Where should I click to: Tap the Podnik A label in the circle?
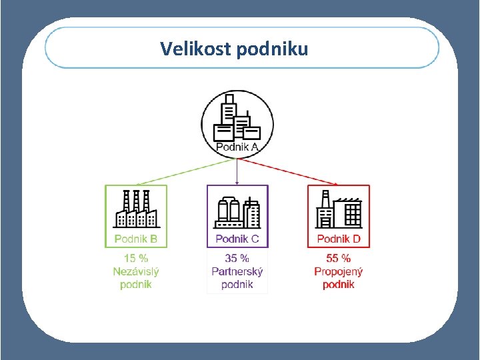point(237,147)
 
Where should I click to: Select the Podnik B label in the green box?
point(136,239)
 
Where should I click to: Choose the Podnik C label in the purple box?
point(237,239)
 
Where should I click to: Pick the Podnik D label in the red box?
point(339,239)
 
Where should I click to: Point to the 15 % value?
point(136,259)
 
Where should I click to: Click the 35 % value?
point(237,259)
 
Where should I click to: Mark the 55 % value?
point(339,259)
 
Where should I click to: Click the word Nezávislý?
point(136,271)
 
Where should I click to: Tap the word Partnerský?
point(237,271)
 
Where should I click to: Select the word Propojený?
point(339,271)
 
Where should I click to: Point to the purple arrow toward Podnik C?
point(237,171)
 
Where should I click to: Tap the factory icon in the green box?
point(136,209)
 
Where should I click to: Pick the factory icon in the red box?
point(339,210)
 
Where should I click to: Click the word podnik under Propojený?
point(339,285)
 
